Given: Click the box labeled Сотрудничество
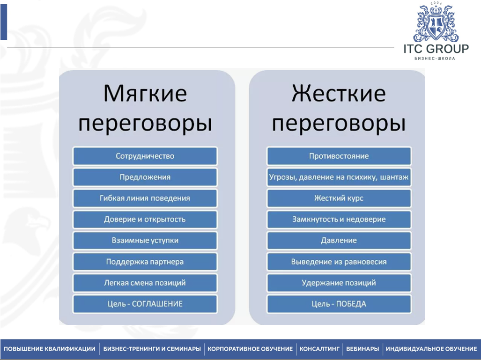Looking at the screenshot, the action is click(145, 156).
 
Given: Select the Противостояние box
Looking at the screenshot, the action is click(339, 156).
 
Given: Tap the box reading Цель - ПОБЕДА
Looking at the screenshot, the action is click(339, 304).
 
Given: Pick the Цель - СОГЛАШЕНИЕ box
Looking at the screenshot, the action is click(145, 304).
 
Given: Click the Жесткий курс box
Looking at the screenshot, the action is click(339, 198).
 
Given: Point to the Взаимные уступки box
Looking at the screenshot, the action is click(145, 241).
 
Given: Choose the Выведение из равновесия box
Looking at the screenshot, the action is click(339, 262).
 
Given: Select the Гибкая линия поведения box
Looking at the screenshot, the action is click(145, 198).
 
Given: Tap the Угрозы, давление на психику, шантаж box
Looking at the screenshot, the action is click(339, 177).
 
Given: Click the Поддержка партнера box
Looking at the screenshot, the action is click(145, 262).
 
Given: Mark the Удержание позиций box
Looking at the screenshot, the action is click(339, 283).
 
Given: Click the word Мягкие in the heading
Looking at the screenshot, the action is click(145, 93).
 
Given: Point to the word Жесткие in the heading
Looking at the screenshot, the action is click(339, 93).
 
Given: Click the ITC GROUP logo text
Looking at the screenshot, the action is click(436, 49).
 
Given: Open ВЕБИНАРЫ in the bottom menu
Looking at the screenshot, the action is click(363, 349).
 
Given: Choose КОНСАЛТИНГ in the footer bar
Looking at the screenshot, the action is click(319, 349).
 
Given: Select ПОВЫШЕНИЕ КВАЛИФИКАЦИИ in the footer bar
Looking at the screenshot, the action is click(49, 349).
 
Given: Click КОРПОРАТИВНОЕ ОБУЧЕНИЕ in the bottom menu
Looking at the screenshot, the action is click(250, 349).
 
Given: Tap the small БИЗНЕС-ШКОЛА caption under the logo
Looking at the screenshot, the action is click(435, 58).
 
